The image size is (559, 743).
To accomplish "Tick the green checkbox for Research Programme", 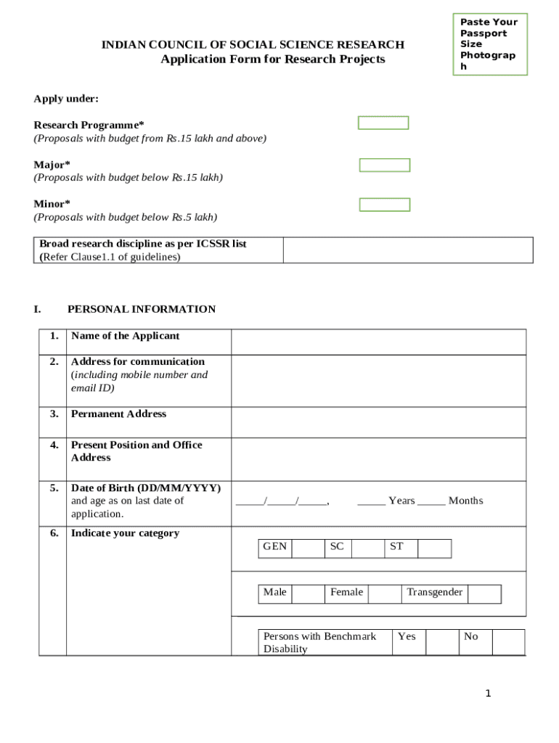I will (x=383, y=123).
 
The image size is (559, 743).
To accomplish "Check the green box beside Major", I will (x=385, y=165).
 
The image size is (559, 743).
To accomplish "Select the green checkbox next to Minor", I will (x=385, y=205).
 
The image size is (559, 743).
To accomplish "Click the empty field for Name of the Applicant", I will (x=378, y=342).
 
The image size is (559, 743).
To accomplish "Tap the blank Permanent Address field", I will (x=378, y=422).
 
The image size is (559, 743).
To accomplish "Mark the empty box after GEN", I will (x=309, y=549).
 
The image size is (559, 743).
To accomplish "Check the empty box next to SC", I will (x=367, y=549).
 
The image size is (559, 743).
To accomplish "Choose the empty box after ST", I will (x=434, y=549).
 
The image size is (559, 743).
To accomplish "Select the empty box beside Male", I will (x=309, y=594).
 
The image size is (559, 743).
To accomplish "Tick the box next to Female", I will (x=384, y=594).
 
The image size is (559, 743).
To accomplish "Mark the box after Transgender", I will (x=484, y=594).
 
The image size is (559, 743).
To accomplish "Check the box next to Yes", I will (x=441, y=642).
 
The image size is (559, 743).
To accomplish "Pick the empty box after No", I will (x=508, y=642).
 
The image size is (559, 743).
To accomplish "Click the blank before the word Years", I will (x=371, y=501).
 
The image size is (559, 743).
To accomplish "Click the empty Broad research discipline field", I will (x=408, y=250).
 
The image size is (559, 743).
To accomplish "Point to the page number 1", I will (x=489, y=694).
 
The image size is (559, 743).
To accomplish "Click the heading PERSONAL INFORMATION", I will (x=142, y=309).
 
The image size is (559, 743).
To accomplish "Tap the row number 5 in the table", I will (x=54, y=488).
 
